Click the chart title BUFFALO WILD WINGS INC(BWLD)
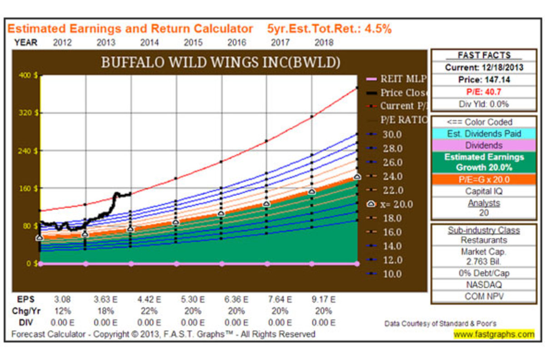pos(221,63)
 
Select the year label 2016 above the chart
pos(237,43)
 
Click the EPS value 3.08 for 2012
pos(63,300)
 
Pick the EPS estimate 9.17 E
pos(324,300)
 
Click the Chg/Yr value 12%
pos(63,311)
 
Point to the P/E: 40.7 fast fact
pos(484,92)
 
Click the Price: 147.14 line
pos(484,79)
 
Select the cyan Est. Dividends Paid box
pos(484,134)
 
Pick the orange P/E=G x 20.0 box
pos(484,179)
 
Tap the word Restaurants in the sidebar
pos(484,240)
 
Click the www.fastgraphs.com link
pos(494,335)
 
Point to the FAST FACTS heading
pos(484,55)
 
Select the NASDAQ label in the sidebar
pos(484,285)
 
